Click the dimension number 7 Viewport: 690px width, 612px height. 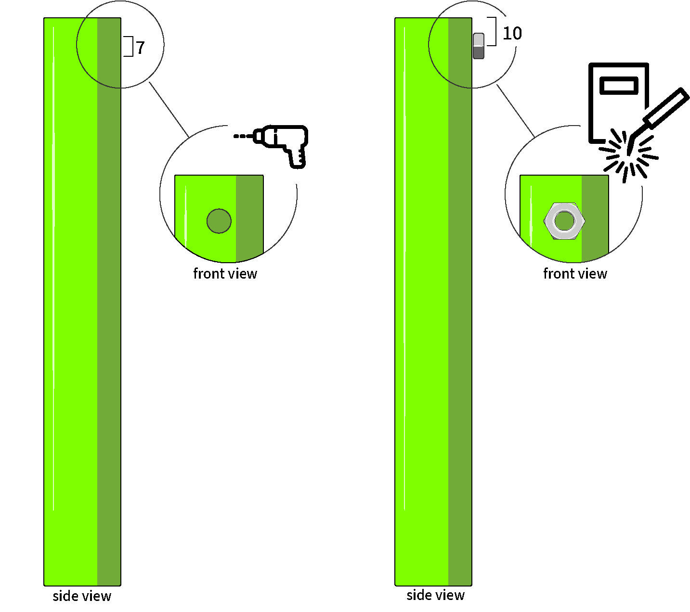(140, 48)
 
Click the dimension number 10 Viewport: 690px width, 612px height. (512, 33)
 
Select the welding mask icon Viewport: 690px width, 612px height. (618, 102)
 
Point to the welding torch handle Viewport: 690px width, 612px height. (666, 106)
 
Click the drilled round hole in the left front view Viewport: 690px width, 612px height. (219, 221)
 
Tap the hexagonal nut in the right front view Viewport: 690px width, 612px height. (564, 221)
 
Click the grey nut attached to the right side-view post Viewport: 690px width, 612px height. (479, 46)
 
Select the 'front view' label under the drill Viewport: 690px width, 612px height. (225, 274)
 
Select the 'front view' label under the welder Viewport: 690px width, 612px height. (575, 274)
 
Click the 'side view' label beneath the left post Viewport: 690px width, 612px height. (82, 596)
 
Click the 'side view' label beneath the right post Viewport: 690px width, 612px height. (435, 595)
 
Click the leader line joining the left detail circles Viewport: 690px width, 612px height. (169, 110)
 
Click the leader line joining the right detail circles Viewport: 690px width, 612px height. (515, 111)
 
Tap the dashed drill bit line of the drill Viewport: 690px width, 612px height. (243, 136)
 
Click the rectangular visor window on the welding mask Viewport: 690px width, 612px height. (619, 86)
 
